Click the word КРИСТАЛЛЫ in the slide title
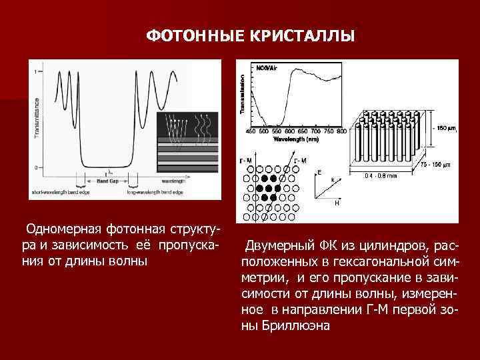point(303,34)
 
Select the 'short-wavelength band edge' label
point(57,192)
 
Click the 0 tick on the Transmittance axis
point(37,167)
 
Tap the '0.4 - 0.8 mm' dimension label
point(380,176)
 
